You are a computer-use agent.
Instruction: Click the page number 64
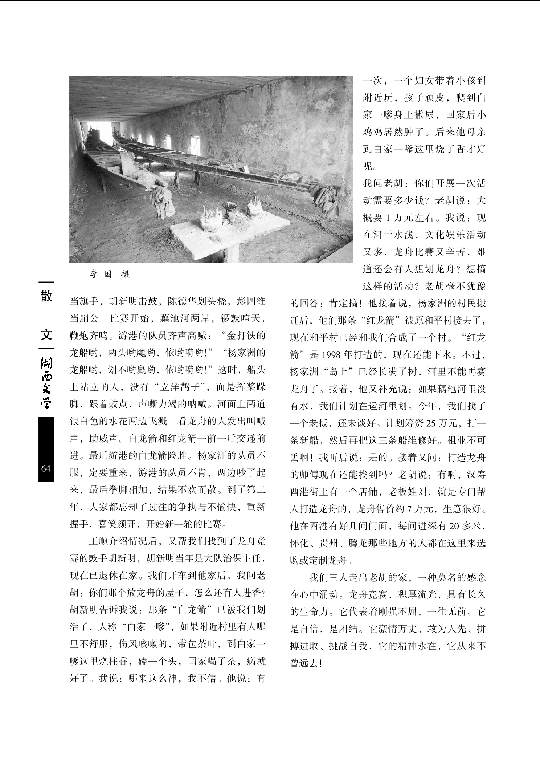click(46, 468)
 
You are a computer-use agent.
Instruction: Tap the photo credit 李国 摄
click(110, 274)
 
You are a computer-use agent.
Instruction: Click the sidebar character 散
click(46, 296)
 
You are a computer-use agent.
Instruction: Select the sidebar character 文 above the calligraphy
click(46, 334)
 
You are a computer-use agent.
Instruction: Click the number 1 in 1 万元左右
click(388, 218)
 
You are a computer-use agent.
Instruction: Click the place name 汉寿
click(476, 475)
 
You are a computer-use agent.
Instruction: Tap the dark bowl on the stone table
click(230, 207)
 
